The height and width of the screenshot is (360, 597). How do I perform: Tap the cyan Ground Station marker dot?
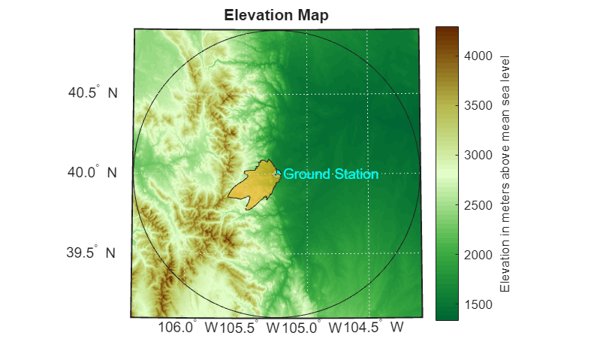[x=278, y=173]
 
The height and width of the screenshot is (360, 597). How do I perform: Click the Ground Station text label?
[x=330, y=174]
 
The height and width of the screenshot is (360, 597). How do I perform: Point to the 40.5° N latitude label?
[x=92, y=94]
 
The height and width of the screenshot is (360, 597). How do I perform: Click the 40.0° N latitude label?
[x=92, y=173]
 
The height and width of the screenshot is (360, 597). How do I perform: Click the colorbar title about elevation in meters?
[x=505, y=174]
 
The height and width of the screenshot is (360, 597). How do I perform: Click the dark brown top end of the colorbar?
[x=447, y=30]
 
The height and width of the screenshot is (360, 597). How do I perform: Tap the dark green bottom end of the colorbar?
[x=447, y=316]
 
